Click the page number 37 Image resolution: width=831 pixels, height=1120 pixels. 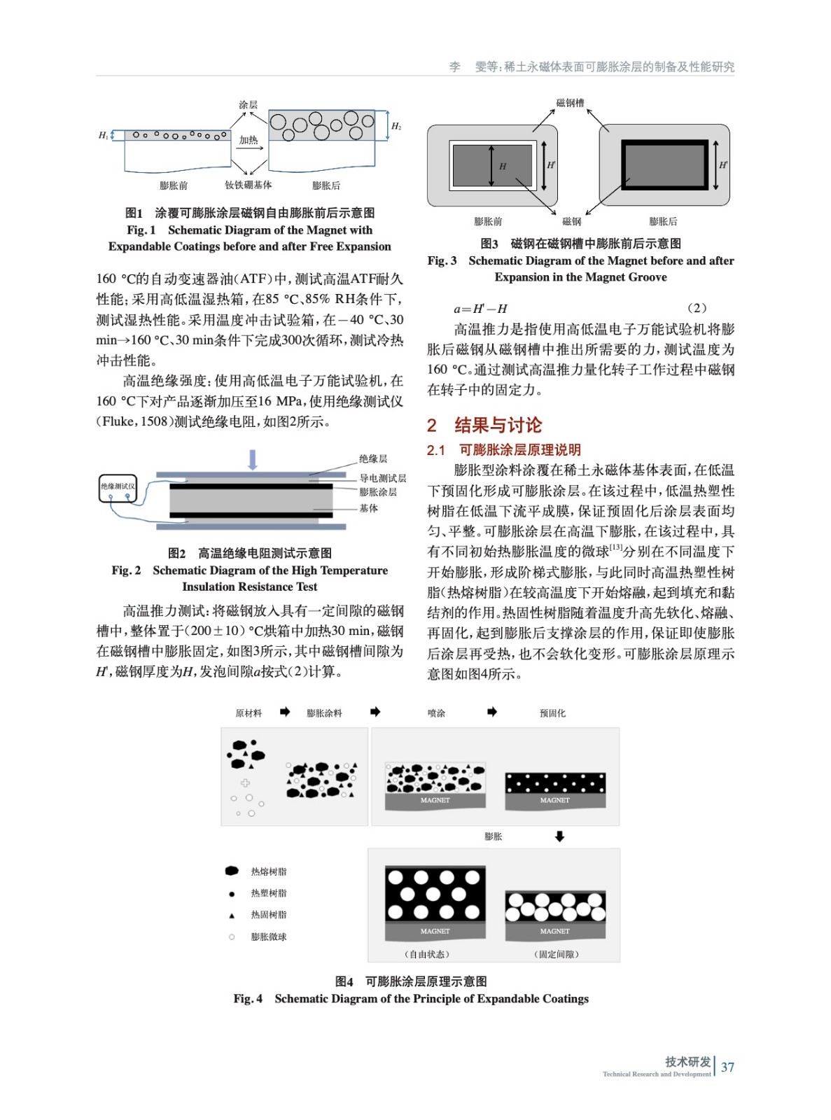click(727, 1067)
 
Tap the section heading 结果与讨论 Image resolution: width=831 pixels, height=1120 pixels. click(498, 425)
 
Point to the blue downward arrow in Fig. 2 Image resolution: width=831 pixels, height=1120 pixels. click(253, 459)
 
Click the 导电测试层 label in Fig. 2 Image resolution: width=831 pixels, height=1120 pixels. click(382, 478)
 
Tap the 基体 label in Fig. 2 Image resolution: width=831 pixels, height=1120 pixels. click(369, 508)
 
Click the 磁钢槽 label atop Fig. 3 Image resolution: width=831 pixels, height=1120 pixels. click(570, 103)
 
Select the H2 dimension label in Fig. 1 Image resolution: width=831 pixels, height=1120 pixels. click(396, 126)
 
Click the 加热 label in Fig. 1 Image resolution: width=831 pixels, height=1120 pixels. click(249, 140)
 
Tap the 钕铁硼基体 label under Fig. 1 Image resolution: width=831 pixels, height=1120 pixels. click(248, 185)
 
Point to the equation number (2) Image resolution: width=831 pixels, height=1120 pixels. click(697, 308)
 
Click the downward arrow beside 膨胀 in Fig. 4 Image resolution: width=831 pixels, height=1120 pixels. click(559, 836)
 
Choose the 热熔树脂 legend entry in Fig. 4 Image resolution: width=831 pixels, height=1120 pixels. click(268, 871)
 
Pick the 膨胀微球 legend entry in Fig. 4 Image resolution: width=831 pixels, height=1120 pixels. click(268, 937)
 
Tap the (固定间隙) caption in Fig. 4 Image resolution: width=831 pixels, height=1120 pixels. click(557, 954)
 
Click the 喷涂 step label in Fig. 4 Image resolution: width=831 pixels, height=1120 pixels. click(436, 713)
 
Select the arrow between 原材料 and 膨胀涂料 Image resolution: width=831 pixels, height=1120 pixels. click(285, 712)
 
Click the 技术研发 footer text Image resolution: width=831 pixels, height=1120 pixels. click(687, 1061)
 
